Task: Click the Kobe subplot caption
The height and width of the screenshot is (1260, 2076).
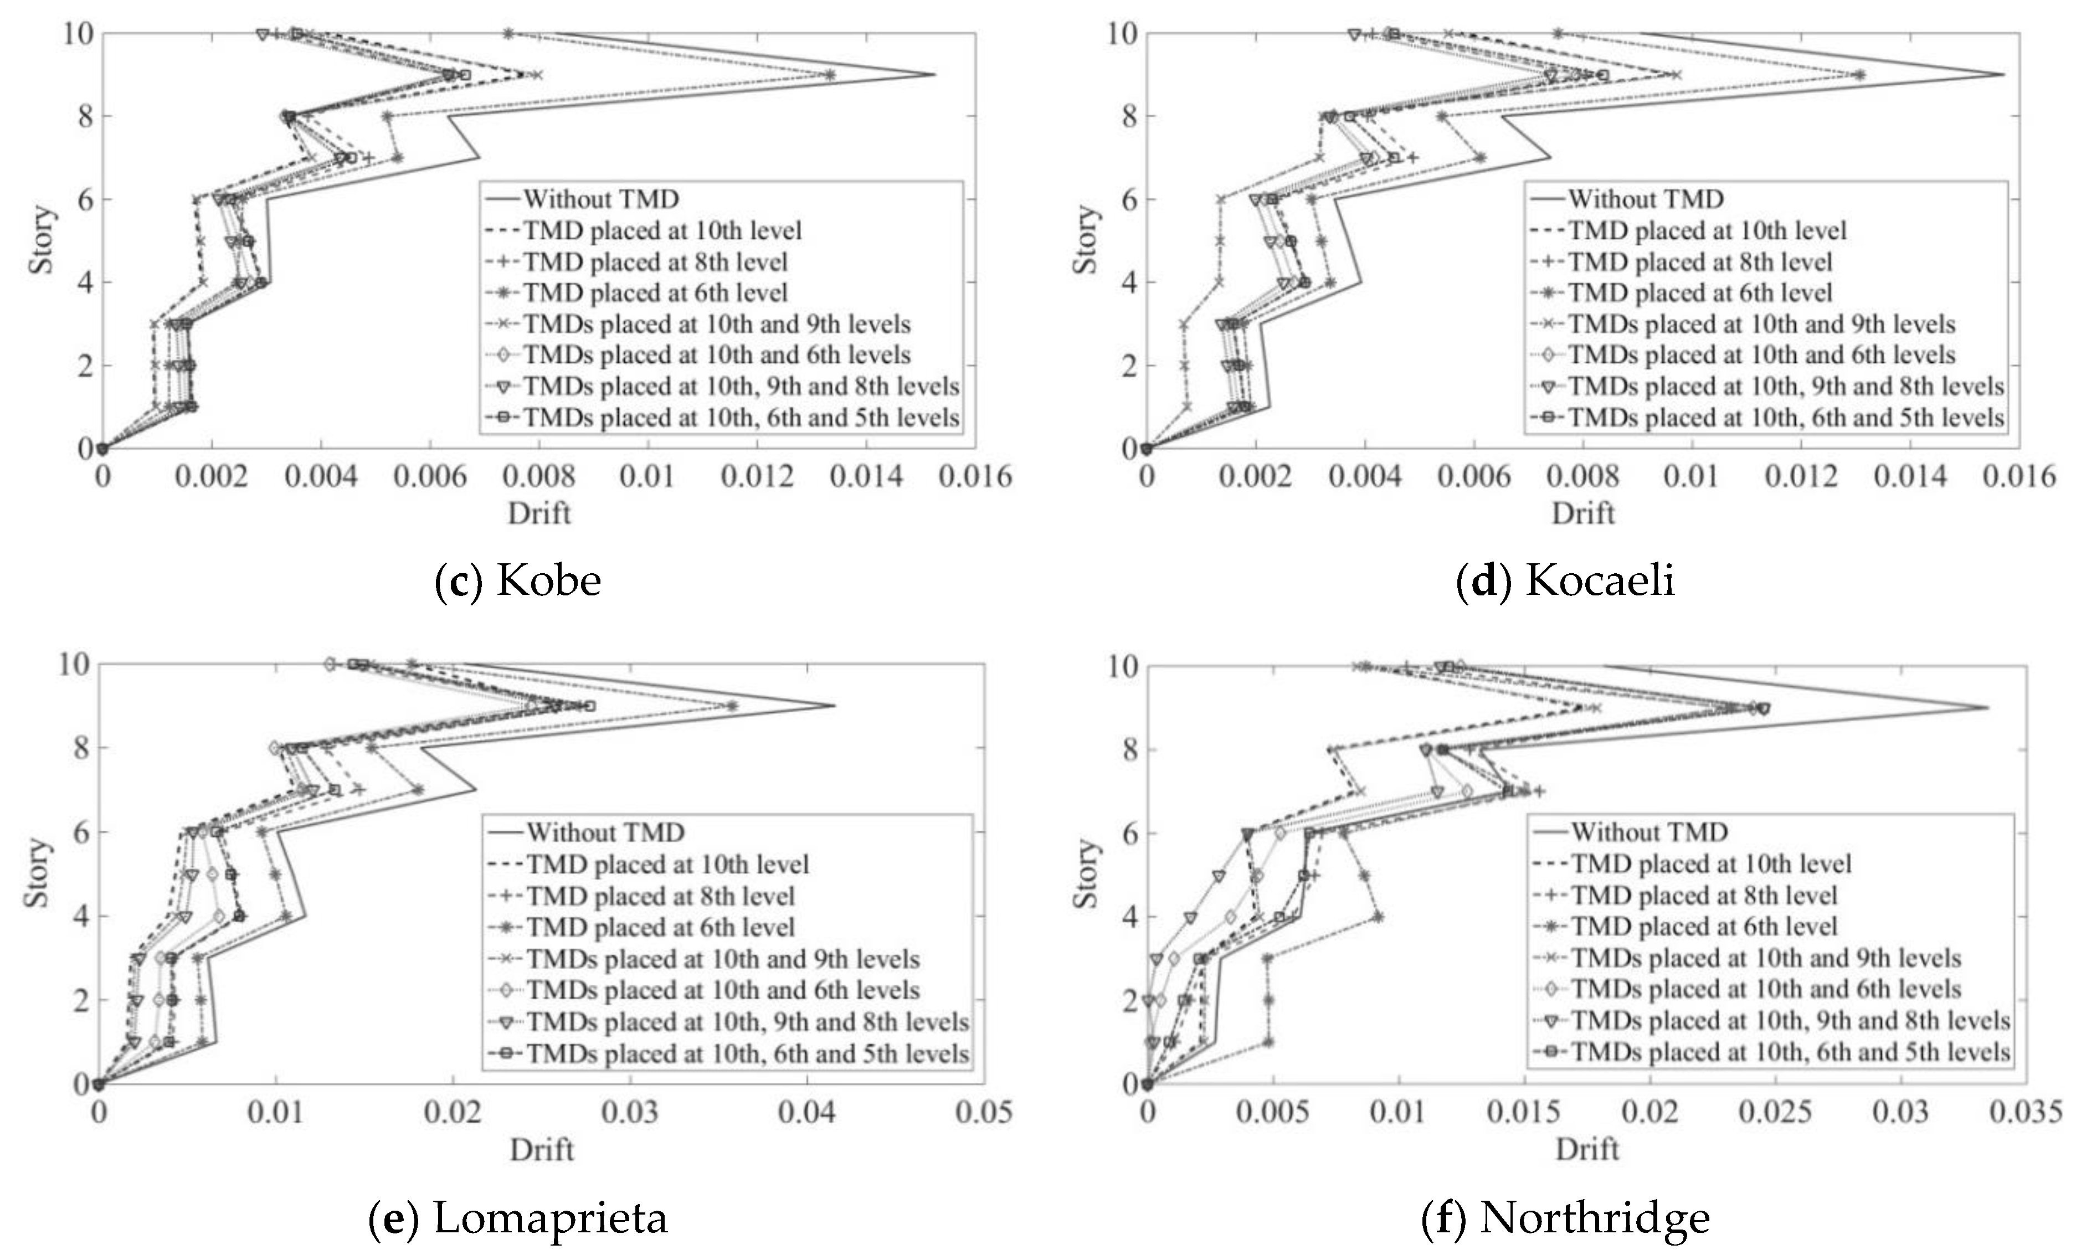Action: [518, 580]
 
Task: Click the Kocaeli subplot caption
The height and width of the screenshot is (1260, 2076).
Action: [1565, 580]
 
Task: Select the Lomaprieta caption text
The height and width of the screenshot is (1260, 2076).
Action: [518, 1217]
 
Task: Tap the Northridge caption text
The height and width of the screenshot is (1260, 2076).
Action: [1565, 1217]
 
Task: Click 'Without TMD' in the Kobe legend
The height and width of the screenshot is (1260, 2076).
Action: [601, 199]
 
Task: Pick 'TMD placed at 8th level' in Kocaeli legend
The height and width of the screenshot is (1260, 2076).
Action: [1699, 262]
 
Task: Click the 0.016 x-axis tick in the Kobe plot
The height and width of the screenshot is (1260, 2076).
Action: [975, 477]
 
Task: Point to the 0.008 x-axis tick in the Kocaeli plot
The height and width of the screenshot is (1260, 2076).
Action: [1582, 477]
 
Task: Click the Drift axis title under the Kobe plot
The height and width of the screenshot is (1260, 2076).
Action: [539, 513]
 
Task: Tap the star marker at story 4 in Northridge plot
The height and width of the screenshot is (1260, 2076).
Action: [1378, 917]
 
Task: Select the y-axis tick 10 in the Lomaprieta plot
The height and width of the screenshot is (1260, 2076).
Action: [74, 664]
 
